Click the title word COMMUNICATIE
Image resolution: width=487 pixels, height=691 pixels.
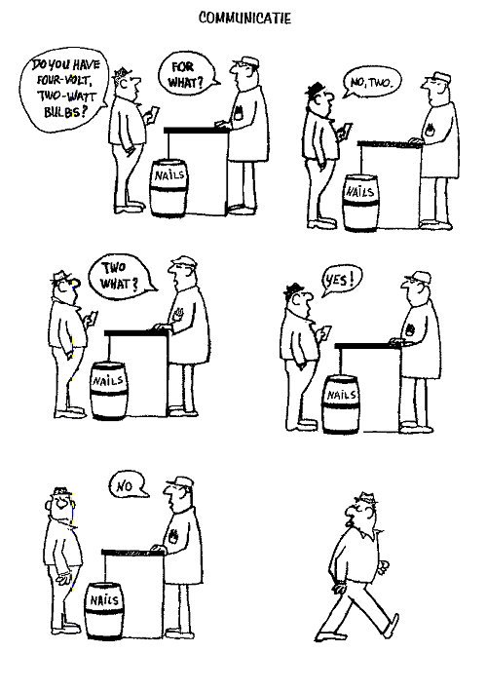(x=244, y=19)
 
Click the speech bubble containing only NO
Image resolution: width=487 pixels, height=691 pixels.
(x=127, y=485)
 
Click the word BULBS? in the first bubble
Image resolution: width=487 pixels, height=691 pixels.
(x=64, y=111)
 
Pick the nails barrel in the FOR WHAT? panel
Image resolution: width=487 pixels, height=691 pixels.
(x=169, y=188)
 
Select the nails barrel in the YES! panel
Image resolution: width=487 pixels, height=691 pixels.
(x=340, y=404)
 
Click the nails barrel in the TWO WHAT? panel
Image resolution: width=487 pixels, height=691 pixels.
(x=108, y=391)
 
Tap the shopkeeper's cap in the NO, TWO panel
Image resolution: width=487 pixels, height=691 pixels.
(x=438, y=78)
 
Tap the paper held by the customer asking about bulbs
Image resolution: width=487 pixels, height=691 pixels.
(x=153, y=115)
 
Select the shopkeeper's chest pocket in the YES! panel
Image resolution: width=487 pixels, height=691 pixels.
(x=410, y=329)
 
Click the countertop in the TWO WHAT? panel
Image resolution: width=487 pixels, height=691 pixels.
(x=136, y=333)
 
